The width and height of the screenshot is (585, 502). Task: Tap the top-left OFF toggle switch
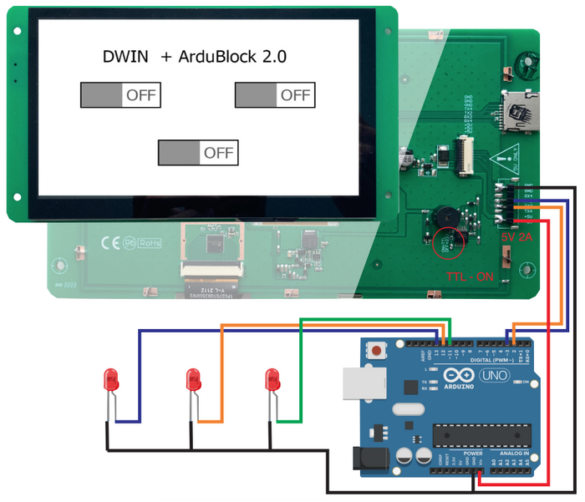pos(120,95)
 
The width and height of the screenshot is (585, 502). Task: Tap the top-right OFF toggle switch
pos(274,95)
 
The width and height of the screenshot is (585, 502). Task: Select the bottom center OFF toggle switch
pos(198,153)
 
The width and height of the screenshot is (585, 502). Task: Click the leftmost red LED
pos(110,380)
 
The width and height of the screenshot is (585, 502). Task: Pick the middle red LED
pos(192,380)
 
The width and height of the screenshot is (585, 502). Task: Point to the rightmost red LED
pos(271,380)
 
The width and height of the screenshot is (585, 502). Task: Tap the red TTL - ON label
pos(467,274)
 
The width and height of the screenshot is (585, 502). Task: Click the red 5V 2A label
pos(516,237)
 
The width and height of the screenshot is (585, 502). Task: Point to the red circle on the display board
pos(450,241)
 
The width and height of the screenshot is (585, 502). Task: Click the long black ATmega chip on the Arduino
pos(482,436)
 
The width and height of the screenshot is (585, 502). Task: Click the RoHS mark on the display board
pos(151,244)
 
